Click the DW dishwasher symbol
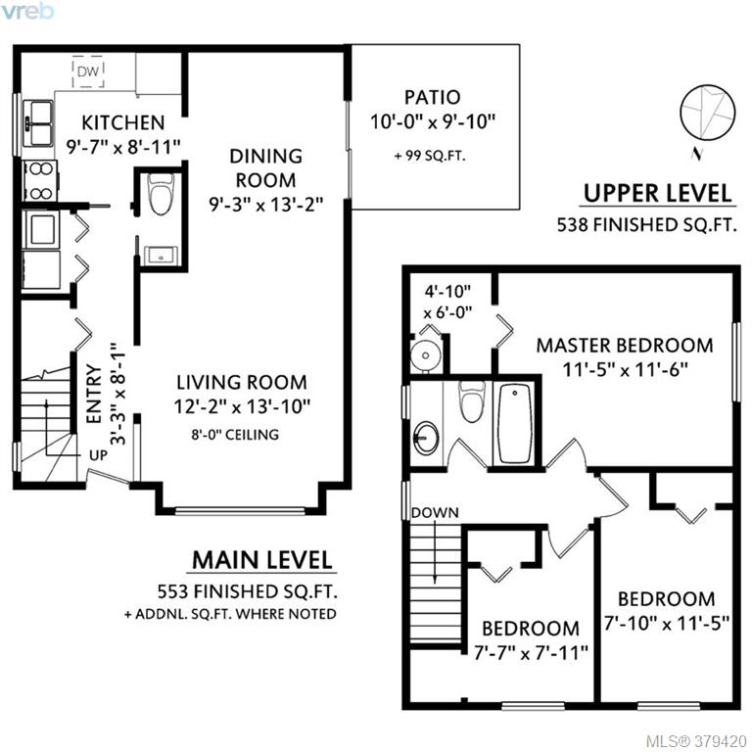pyautogui.click(x=88, y=71)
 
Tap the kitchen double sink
pyautogui.click(x=41, y=123)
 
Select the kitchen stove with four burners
pyautogui.click(x=40, y=181)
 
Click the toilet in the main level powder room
pyautogui.click(x=161, y=194)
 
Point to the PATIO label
pyautogui.click(x=433, y=97)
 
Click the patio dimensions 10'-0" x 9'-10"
pyautogui.click(x=432, y=121)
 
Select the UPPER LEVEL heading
pyautogui.click(x=658, y=193)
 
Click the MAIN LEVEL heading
pyautogui.click(x=261, y=560)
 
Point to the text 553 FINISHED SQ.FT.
pyautogui.click(x=248, y=591)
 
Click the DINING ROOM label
pyautogui.click(x=265, y=168)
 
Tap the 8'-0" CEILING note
pyautogui.click(x=235, y=435)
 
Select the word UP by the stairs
pyautogui.click(x=98, y=455)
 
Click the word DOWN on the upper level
pyautogui.click(x=435, y=513)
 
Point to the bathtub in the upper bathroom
pyautogui.click(x=515, y=423)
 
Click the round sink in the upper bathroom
pyautogui.click(x=426, y=438)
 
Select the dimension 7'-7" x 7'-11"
pyautogui.click(x=531, y=653)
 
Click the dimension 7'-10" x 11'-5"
pyautogui.click(x=667, y=623)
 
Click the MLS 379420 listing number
pyautogui.click(x=696, y=741)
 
